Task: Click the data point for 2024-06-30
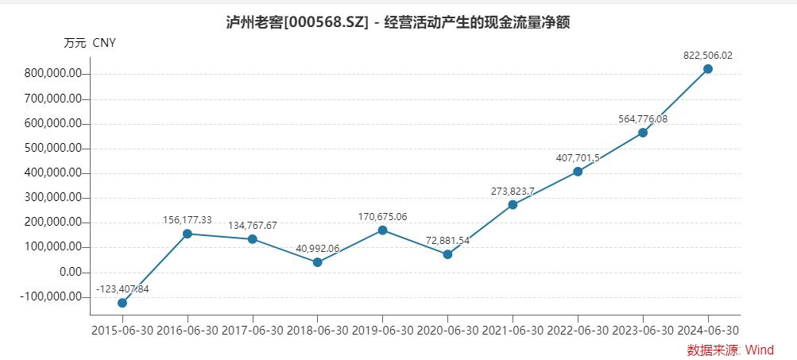[708, 69]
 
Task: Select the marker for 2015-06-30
[122, 303]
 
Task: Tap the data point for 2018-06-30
[318, 262]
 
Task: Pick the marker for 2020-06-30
[447, 254]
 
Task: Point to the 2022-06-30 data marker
[578, 172]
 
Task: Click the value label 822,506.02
[708, 56]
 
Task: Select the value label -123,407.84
[122, 288]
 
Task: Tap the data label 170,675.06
[382, 216]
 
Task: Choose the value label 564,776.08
[643, 118]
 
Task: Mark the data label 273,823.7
[513, 191]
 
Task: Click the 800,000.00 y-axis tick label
[54, 74]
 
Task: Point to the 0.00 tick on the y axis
[67, 272]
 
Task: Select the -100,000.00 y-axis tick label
[52, 296]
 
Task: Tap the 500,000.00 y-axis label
[54, 149]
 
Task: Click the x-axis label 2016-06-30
[188, 330]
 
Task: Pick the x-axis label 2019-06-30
[382, 330]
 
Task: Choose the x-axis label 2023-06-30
[643, 330]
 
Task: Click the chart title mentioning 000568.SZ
[398, 22]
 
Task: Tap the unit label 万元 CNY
[90, 43]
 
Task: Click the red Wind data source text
[730, 350]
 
